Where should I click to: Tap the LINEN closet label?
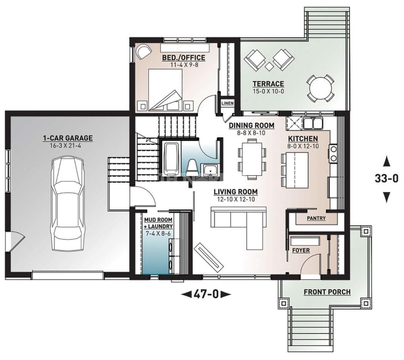[x=228, y=103]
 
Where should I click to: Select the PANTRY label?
[x=316, y=218]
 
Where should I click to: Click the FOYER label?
[x=301, y=250]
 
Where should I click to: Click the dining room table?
[x=251, y=159]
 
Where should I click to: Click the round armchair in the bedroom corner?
[x=143, y=51]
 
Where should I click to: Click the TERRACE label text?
[x=268, y=84]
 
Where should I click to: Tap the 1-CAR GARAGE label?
[x=68, y=138]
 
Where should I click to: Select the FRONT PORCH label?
[x=327, y=292]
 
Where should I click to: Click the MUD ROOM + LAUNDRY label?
[x=158, y=223]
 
